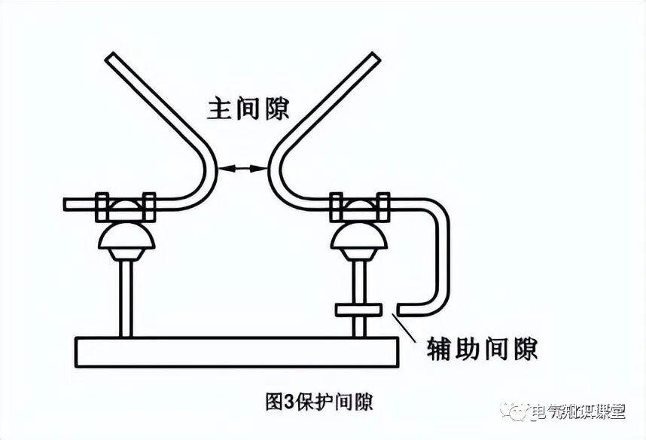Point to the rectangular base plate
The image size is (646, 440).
tap(237, 352)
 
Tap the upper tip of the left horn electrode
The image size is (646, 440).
tap(110, 57)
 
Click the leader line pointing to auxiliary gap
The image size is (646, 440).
tap(410, 328)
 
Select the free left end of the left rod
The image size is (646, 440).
tap(69, 204)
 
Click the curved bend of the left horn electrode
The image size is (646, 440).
tap(210, 170)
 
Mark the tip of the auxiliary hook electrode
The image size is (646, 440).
tap(402, 309)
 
